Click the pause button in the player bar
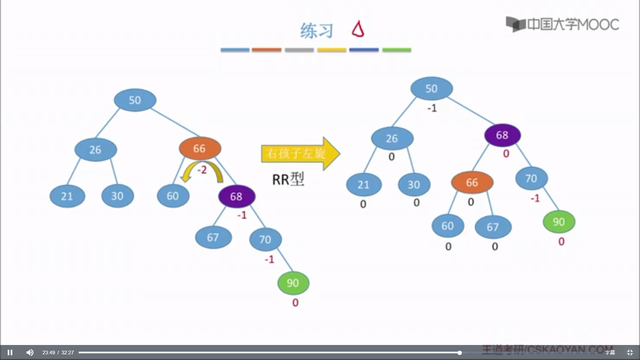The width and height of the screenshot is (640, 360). click(10, 352)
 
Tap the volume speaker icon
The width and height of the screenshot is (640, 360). click(30, 352)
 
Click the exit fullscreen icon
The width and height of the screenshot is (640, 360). click(630, 352)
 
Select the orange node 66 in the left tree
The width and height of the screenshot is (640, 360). click(200, 148)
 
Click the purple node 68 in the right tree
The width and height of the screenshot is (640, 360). click(502, 135)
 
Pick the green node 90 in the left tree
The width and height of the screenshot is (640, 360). click(293, 283)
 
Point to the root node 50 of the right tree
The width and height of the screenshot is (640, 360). click(431, 88)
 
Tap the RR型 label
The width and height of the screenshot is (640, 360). click(288, 179)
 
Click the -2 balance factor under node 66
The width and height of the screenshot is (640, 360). click(202, 170)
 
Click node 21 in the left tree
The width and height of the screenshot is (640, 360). click(67, 196)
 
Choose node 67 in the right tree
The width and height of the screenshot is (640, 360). click(493, 227)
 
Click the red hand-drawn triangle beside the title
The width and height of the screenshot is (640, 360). click(358, 29)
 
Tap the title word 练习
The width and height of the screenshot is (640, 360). click(316, 31)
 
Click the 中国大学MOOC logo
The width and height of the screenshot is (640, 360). click(562, 24)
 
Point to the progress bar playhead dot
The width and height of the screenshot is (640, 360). click(459, 353)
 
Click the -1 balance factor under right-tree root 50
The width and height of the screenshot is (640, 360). click(432, 108)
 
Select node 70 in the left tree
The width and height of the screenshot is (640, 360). click(265, 239)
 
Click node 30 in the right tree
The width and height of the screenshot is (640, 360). click(414, 185)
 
